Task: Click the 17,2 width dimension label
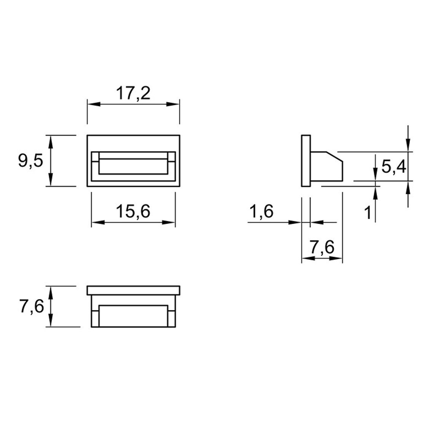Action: [x=133, y=93]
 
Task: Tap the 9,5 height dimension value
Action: [x=30, y=161]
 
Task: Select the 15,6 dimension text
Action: [x=133, y=211]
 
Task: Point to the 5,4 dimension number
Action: [x=394, y=167]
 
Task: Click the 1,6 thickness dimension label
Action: [x=261, y=211]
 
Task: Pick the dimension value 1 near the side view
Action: [x=368, y=212]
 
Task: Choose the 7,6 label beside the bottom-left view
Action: [x=32, y=306]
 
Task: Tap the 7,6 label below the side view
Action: [x=322, y=247]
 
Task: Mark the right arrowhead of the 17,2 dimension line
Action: [x=173, y=104]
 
